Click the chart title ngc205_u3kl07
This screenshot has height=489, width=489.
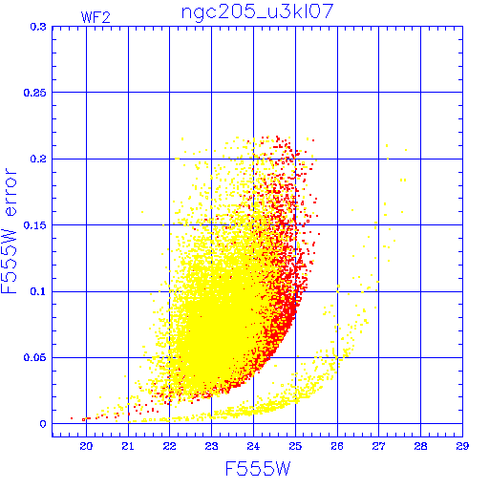coord(257,12)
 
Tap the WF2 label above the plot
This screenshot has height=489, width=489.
coord(96,17)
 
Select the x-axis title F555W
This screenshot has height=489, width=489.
coord(258,469)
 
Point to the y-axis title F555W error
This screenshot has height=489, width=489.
coord(9,231)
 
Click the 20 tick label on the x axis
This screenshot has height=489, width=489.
coord(86,446)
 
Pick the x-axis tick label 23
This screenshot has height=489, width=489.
coord(211,446)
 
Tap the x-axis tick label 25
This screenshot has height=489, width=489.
coord(295,446)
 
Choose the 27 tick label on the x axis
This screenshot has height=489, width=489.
coord(379,446)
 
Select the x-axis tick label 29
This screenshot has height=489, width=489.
coord(462,446)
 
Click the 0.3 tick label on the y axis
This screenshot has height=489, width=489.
coord(38,27)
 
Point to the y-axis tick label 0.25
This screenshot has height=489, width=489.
coord(35,93)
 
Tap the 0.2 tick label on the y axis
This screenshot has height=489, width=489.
coord(38,159)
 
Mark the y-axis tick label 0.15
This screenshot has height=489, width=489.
coord(35,225)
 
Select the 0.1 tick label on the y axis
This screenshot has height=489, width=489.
coord(38,291)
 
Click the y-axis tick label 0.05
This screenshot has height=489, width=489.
coord(35,357)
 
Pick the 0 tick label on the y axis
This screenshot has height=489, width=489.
coord(43,424)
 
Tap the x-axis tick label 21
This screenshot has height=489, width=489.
coord(128,446)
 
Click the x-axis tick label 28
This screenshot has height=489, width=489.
coord(420,446)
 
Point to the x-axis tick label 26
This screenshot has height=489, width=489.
coord(337,446)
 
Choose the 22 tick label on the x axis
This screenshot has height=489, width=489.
coord(169,446)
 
